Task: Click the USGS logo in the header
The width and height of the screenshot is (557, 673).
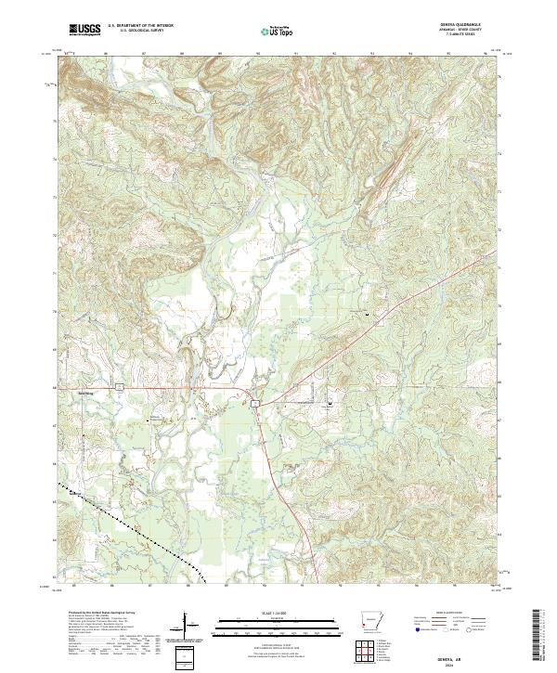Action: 84,31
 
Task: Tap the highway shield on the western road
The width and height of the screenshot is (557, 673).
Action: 120,383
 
